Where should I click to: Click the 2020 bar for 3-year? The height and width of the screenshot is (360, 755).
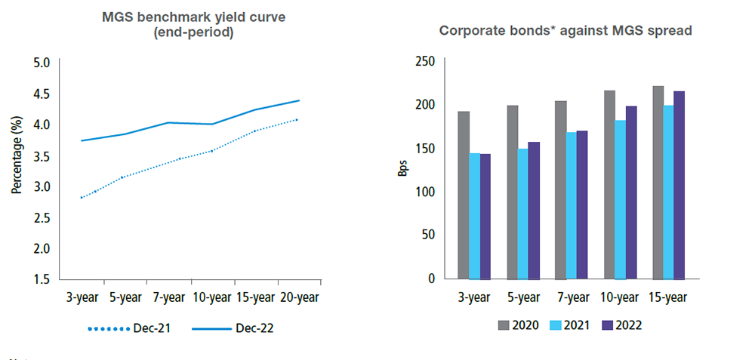point(464,195)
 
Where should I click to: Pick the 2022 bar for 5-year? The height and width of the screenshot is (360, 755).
point(534,210)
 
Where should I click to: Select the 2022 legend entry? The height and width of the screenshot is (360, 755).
point(621,325)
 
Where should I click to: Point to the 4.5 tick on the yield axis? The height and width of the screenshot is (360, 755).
point(40,94)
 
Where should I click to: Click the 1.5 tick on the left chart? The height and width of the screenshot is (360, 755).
point(40,279)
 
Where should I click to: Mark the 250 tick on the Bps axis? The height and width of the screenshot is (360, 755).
point(426,61)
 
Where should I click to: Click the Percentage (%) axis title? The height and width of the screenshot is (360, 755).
point(16,155)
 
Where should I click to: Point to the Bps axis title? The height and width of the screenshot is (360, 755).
point(402,167)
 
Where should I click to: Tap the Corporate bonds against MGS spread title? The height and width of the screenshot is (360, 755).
point(566,31)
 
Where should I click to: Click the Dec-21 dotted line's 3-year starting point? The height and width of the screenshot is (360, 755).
point(81,198)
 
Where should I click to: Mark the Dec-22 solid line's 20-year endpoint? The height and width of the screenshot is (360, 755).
point(299,100)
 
